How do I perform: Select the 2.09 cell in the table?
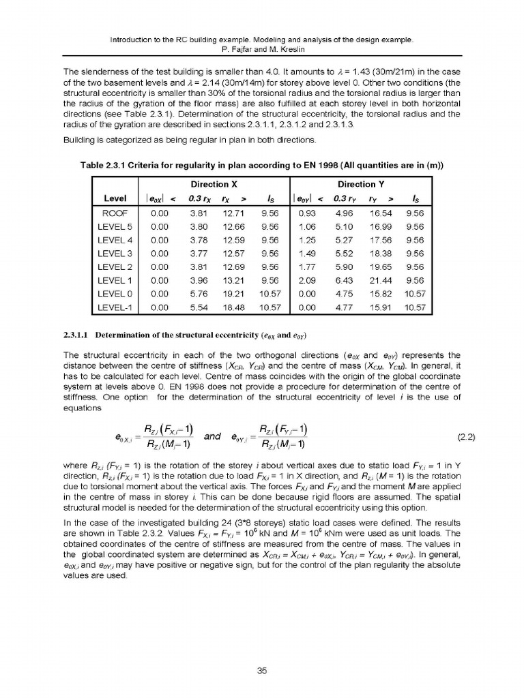(308, 280)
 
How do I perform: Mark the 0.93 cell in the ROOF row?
(308, 213)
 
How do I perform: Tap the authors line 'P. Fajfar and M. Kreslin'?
(262, 50)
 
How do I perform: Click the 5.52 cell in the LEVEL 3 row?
(345, 253)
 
